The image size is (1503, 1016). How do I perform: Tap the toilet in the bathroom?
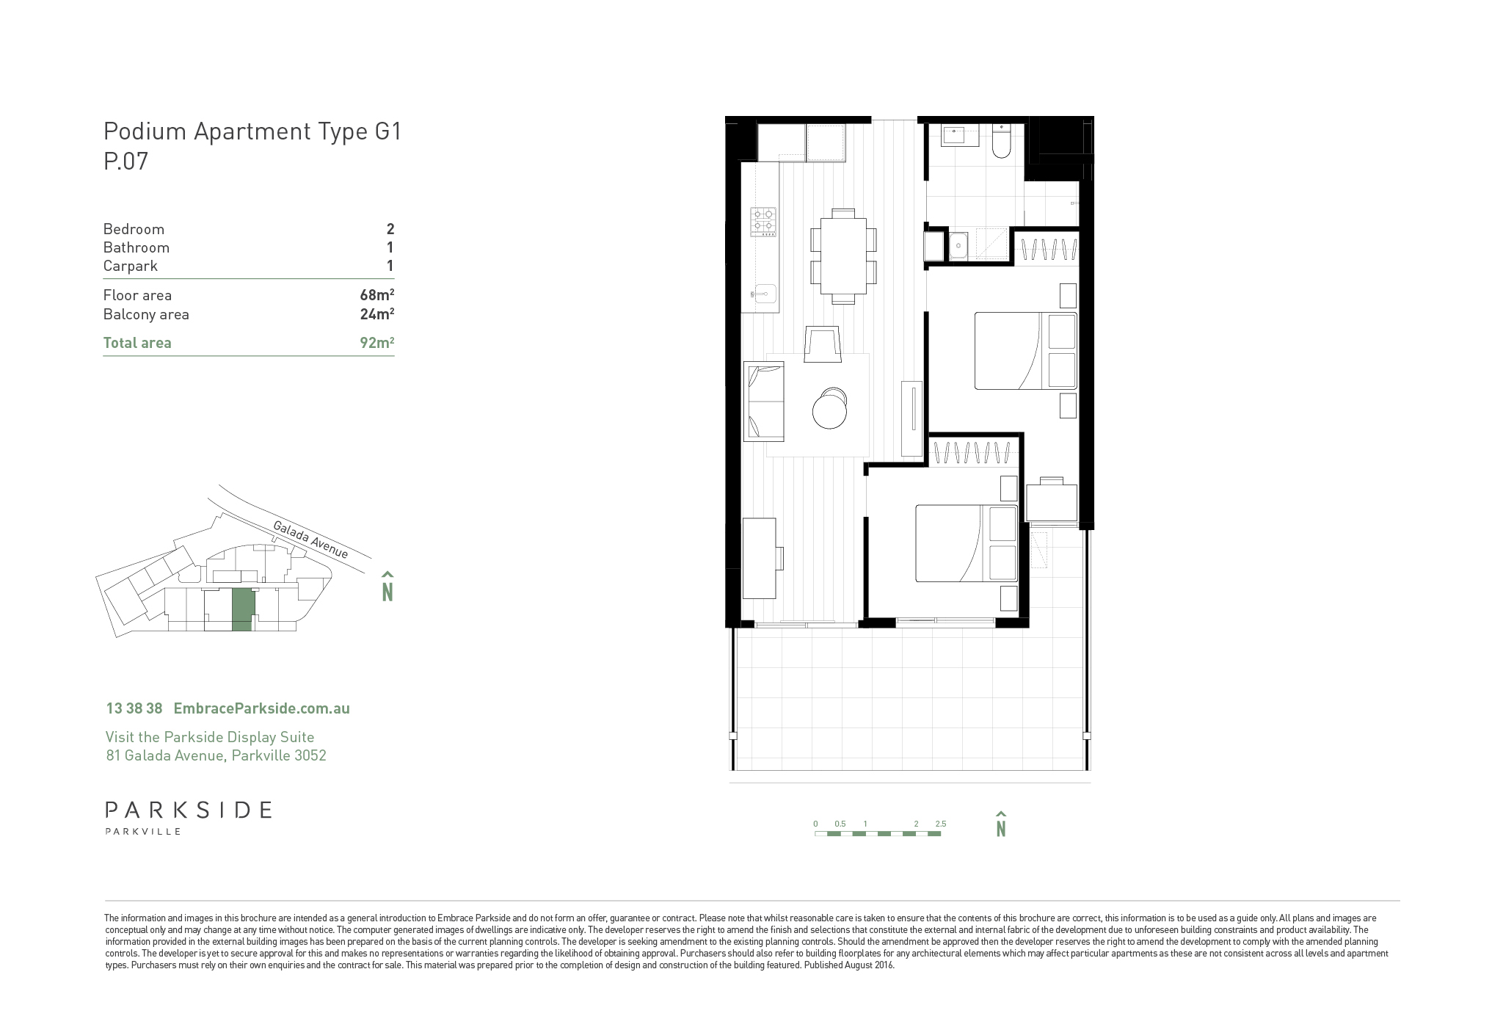coord(1001,142)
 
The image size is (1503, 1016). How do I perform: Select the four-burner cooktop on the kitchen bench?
coord(763,222)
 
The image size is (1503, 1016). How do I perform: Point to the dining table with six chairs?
coord(843,255)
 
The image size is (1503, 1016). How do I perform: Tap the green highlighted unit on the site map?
coord(243,609)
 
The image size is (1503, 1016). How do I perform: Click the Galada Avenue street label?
coord(310,540)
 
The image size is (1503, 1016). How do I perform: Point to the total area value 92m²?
coord(377,342)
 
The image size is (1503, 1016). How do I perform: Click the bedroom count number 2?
coord(390,229)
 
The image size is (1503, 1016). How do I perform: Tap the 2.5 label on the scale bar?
coord(941,824)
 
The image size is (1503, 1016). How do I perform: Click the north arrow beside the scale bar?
coord(1000,824)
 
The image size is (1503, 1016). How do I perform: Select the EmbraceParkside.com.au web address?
coord(261,708)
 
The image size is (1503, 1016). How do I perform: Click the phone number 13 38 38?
coord(134,708)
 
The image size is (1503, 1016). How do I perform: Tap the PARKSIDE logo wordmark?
coord(189,810)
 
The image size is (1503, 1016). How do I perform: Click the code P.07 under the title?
coord(125,161)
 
